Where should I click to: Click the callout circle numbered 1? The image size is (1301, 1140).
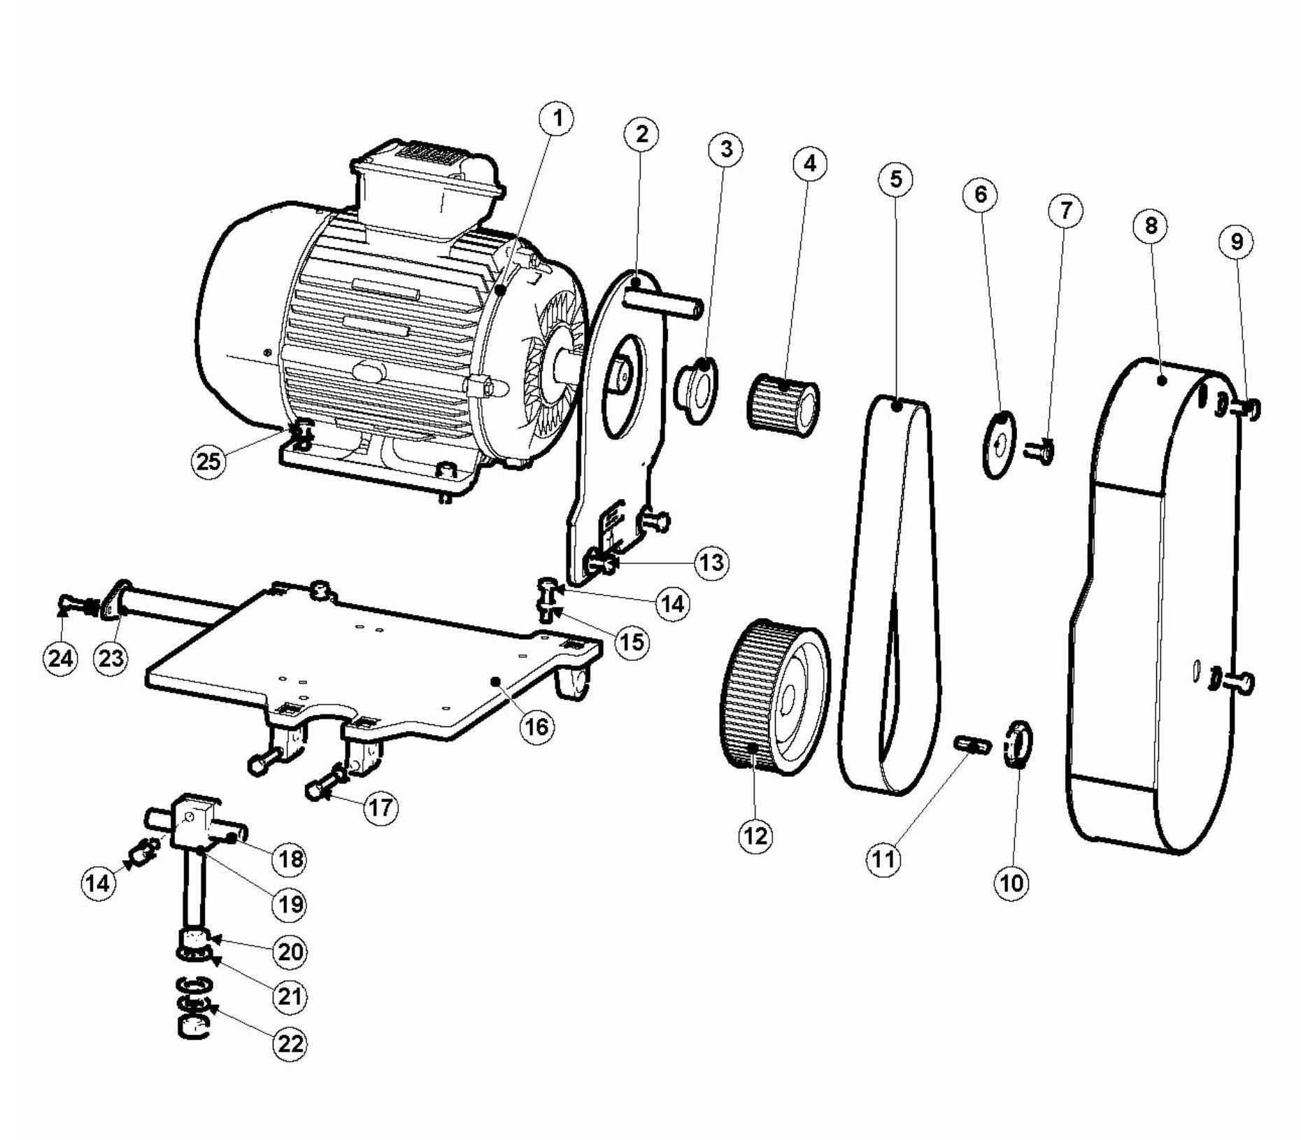[x=557, y=120]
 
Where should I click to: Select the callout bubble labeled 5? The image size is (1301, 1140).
[x=896, y=180]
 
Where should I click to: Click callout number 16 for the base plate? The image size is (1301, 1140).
[x=536, y=726]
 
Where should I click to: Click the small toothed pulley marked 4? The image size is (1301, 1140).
[x=784, y=404]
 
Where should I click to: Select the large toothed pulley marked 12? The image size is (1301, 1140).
[x=773, y=693]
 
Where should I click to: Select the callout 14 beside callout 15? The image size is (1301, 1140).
[x=672, y=603]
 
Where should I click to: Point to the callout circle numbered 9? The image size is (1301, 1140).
[x=1237, y=241]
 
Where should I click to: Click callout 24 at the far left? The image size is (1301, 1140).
[x=60, y=658]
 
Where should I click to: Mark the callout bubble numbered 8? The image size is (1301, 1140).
[x=1151, y=225]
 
